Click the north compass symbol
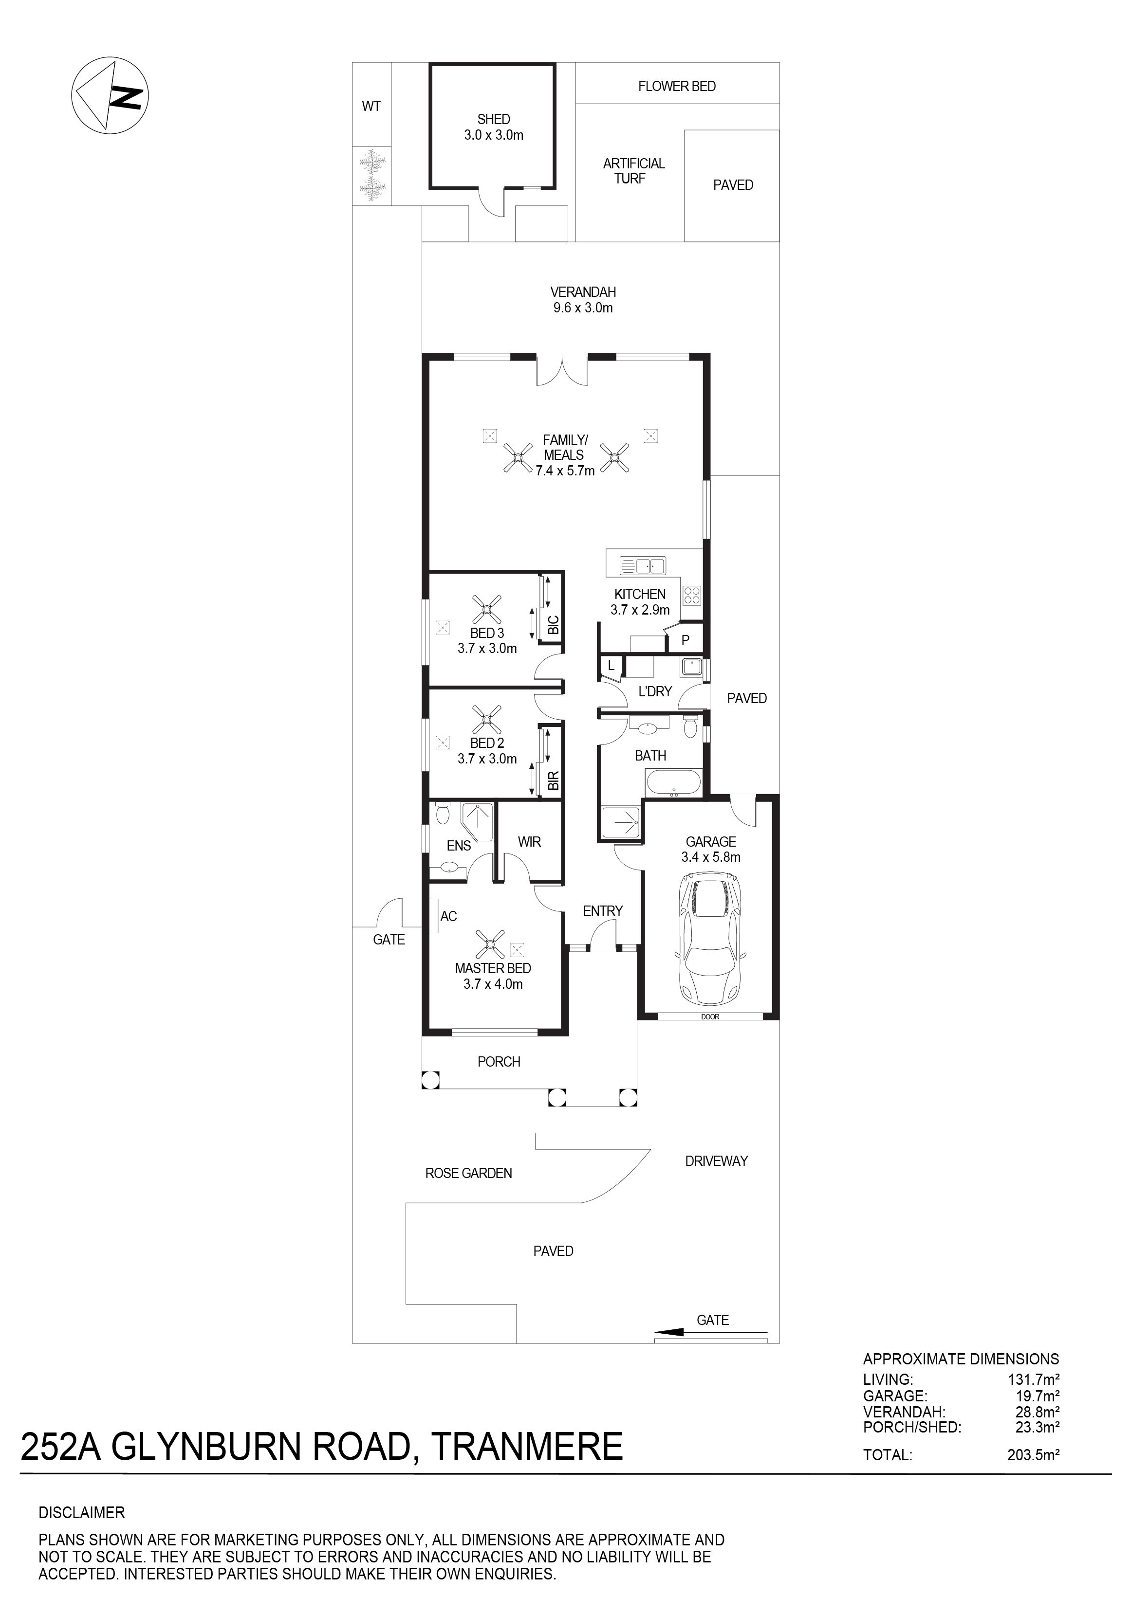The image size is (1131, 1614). point(110,95)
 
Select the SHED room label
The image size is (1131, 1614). point(494,120)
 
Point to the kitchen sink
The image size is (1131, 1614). point(642,565)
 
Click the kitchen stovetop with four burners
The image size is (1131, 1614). point(691,596)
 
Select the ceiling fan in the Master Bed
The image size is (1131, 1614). point(490,945)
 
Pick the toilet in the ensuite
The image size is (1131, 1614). point(443,812)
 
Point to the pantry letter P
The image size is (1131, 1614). point(685,640)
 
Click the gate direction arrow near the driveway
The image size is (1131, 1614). point(710,1331)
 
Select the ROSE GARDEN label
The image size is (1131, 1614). point(468,1173)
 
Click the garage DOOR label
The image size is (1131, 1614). point(710,1017)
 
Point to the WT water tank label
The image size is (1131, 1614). point(371,106)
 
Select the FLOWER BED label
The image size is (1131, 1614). point(677,87)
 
